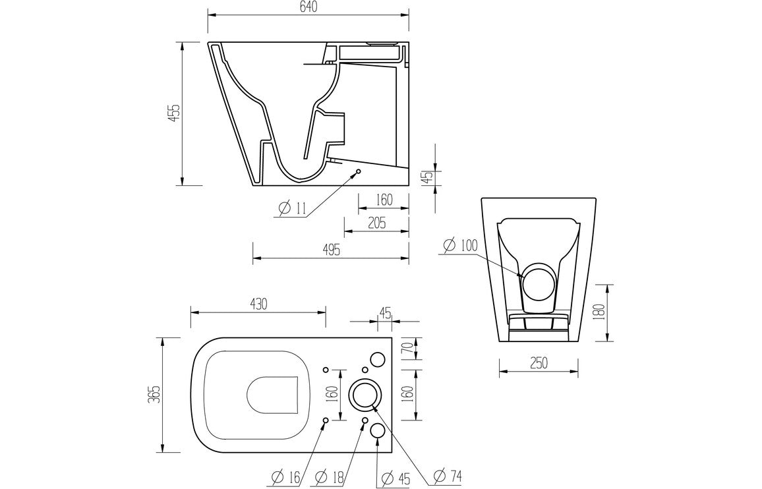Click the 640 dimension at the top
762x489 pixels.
pyautogui.click(x=308, y=7)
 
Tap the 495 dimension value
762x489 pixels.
pyautogui.click(x=331, y=249)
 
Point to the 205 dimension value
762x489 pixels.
pyautogui.click(x=376, y=223)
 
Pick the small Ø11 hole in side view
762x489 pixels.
pyautogui.click(x=359, y=172)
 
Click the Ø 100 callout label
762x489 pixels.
pyautogui.click(x=460, y=246)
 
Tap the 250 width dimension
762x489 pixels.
pyautogui.click(x=538, y=363)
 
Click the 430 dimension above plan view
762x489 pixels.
pyautogui.click(x=258, y=304)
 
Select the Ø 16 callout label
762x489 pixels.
pyautogui.click(x=286, y=476)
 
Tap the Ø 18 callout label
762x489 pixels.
pyautogui.click(x=331, y=476)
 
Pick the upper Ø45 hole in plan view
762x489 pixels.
pyautogui.click(x=377, y=359)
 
